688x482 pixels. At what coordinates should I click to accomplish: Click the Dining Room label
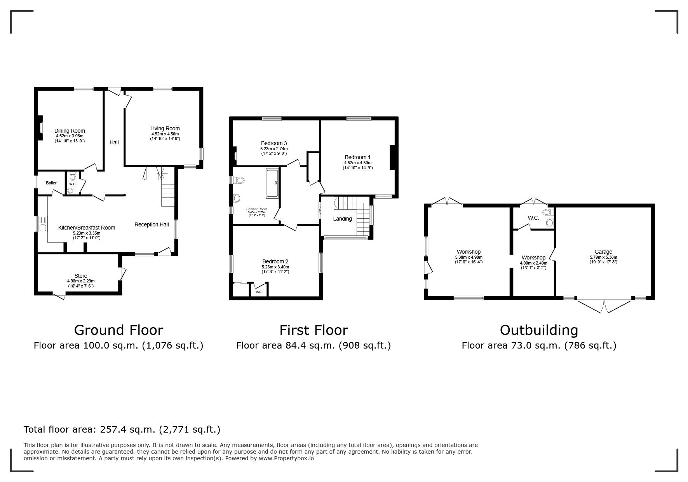click(x=70, y=131)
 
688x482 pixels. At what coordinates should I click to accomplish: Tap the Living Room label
click(x=165, y=128)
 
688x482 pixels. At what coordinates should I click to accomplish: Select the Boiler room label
click(x=51, y=183)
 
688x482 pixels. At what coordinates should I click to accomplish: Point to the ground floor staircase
click(x=168, y=189)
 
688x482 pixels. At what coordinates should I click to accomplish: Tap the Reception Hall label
click(x=152, y=224)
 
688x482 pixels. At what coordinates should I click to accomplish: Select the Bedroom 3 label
click(x=274, y=143)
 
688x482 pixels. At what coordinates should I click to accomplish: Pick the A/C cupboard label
click(x=259, y=291)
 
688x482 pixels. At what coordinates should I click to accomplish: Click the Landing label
click(x=342, y=219)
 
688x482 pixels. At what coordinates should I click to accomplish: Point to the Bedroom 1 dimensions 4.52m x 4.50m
click(x=357, y=163)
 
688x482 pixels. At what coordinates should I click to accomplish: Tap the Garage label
click(x=603, y=252)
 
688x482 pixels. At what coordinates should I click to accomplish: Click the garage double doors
click(x=604, y=306)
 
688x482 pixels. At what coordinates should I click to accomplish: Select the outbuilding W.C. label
click(x=533, y=218)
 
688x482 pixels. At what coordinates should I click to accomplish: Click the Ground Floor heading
click(x=118, y=330)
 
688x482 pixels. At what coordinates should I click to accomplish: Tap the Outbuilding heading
click(x=539, y=330)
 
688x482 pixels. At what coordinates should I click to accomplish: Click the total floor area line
click(x=122, y=429)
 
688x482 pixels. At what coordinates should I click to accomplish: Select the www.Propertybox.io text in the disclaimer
click(x=286, y=458)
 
